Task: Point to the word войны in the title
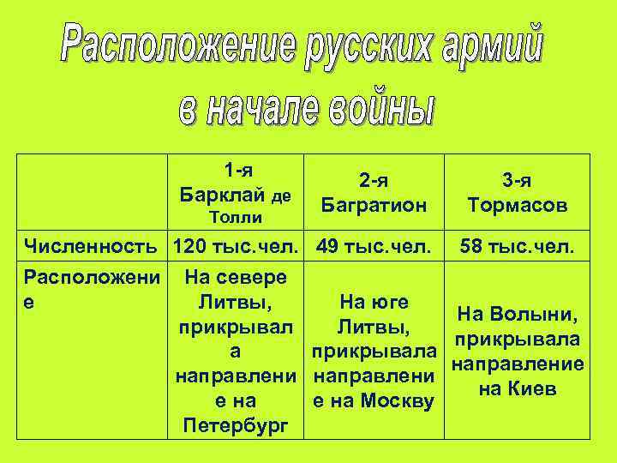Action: click(374, 108)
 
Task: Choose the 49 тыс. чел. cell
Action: click(374, 248)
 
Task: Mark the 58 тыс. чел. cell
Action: click(516, 248)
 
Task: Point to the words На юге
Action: click(374, 302)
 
